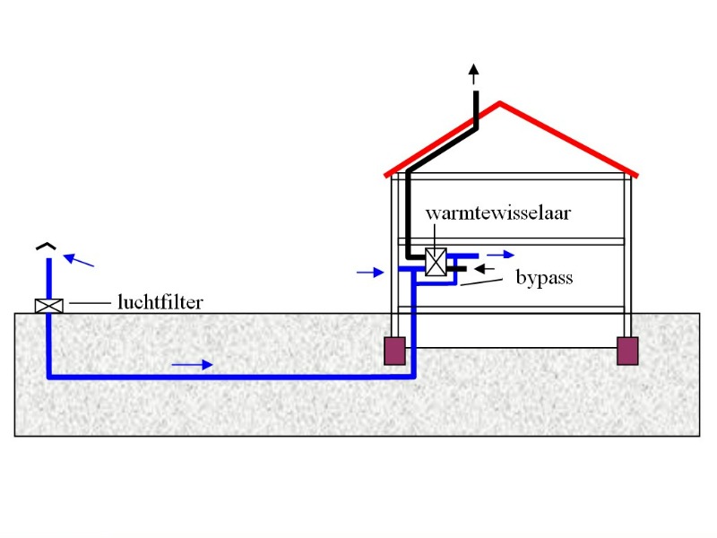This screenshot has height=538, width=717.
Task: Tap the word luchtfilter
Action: coord(160,302)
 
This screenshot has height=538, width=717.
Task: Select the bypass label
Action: coord(544,278)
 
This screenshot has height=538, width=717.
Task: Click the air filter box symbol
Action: coord(49,306)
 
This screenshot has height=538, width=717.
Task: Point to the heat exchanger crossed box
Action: coord(436,262)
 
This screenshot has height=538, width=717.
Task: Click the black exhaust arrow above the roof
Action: coord(473,74)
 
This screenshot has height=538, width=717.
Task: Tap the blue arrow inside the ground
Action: coord(193,364)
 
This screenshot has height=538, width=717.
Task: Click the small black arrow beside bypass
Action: coord(483,267)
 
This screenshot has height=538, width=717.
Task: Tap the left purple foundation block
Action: coord(394,351)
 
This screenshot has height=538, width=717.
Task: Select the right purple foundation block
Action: coord(627,351)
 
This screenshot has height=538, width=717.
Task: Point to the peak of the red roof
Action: coord(499,105)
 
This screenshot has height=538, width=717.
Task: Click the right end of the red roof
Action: coord(634,172)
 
